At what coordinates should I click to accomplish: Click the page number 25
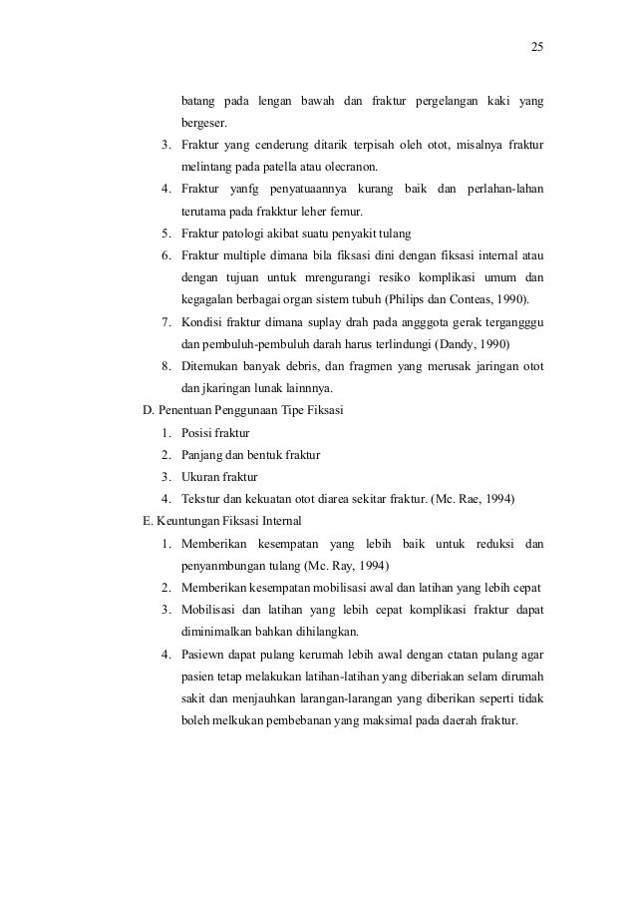click(x=537, y=47)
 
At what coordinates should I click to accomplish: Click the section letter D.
click(x=150, y=410)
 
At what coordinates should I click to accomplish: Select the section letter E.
click(x=150, y=521)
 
